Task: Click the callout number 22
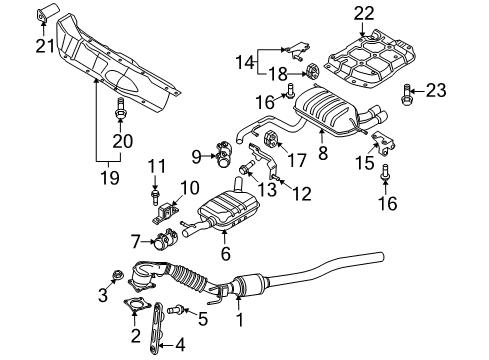(x=364, y=14)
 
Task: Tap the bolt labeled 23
(x=405, y=95)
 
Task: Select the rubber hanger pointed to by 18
(x=312, y=71)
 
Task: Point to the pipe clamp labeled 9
(x=222, y=155)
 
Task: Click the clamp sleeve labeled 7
(x=166, y=239)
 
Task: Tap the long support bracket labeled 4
(x=156, y=327)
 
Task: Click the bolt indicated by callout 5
(x=176, y=310)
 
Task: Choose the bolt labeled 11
(x=155, y=197)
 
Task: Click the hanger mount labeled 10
(x=166, y=213)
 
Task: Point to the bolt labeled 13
(x=246, y=167)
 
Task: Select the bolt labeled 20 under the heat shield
(x=120, y=109)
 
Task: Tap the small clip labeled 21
(x=46, y=13)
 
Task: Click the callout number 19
(x=110, y=177)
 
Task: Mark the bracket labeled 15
(x=383, y=143)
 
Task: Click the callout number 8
(x=323, y=153)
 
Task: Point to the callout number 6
(x=226, y=253)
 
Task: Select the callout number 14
(x=245, y=63)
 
